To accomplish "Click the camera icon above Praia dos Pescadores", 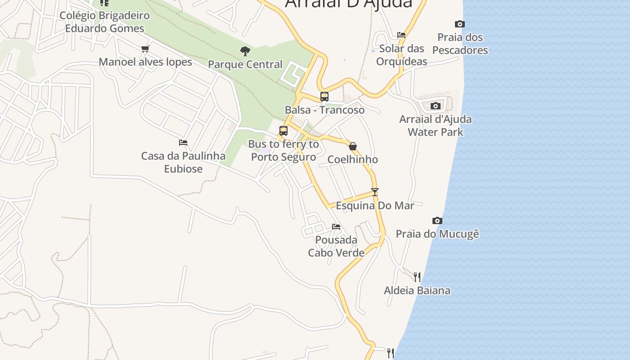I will [x=459, y=24].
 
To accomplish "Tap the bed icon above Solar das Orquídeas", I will [x=401, y=35].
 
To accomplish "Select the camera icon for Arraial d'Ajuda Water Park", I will [x=435, y=106].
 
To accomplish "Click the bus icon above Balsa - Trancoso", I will [x=324, y=96].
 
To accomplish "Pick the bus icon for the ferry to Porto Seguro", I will [x=283, y=131].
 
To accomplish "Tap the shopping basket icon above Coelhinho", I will [x=353, y=146].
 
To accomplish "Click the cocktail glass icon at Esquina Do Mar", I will [x=375, y=192].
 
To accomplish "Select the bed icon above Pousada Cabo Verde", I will [x=336, y=226].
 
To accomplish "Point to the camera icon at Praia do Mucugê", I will [x=437, y=220].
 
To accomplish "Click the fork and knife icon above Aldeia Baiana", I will [x=417, y=277].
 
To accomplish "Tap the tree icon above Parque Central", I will [x=245, y=51].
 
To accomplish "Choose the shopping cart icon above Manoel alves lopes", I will [x=145, y=49].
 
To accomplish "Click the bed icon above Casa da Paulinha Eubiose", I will [x=183, y=142].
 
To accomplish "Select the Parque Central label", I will [x=245, y=64].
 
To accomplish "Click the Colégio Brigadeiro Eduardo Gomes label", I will [x=104, y=22].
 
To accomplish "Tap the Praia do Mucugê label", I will [x=437, y=234].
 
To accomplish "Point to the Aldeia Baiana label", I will [x=417, y=290].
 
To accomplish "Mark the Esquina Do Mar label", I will [x=375, y=206].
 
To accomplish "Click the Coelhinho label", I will [x=353, y=160].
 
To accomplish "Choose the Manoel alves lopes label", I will [x=145, y=62].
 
